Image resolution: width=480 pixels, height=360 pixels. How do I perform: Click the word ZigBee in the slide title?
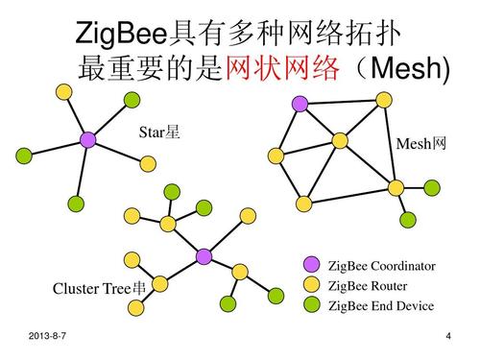[121, 36]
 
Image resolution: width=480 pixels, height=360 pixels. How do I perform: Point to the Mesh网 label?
[420, 144]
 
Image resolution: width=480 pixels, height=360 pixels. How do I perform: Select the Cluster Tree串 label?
[100, 289]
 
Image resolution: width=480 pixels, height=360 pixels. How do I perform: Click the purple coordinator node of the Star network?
[88, 140]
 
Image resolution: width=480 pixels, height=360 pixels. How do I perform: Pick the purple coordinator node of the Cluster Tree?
[204, 256]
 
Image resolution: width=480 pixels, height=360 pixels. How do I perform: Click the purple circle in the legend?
[311, 265]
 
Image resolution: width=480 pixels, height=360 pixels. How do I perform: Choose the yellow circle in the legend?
[311, 285]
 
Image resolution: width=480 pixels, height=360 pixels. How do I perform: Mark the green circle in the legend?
[311, 305]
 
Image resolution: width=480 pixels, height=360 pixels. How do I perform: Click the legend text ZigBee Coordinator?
[381, 266]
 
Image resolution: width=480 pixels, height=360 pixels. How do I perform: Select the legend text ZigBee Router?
[368, 286]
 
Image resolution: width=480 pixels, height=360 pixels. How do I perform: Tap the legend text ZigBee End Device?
[381, 306]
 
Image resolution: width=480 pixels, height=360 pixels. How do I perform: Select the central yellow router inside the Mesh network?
[340, 140]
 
